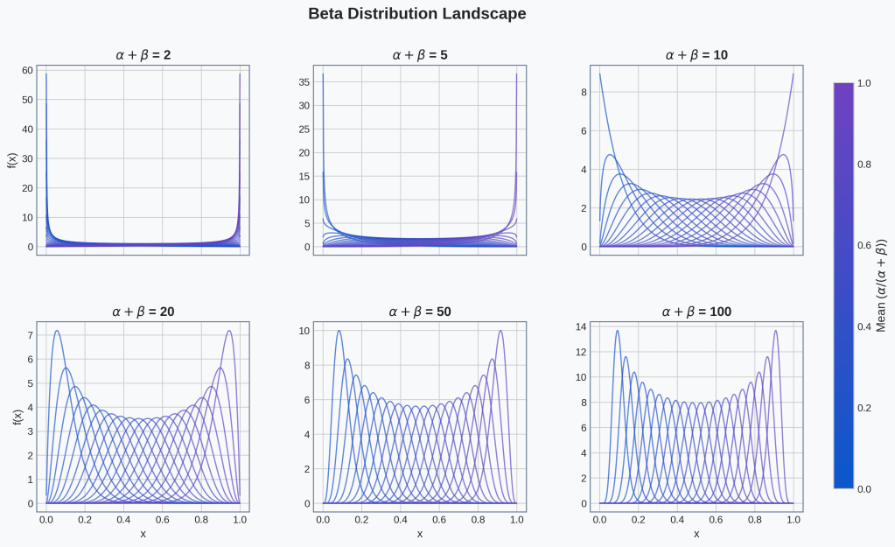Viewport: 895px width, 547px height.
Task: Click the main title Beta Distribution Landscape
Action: click(x=417, y=14)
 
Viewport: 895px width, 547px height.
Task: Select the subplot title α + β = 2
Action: click(x=143, y=55)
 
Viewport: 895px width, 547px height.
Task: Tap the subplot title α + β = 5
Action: click(x=420, y=55)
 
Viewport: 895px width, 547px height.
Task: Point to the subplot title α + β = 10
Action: click(x=696, y=55)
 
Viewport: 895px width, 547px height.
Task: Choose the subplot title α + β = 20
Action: click(x=143, y=312)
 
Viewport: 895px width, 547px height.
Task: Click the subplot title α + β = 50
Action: click(x=420, y=312)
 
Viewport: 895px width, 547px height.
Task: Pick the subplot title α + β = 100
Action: click(x=696, y=312)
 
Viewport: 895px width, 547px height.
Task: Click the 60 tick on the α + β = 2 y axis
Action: click(x=28, y=70)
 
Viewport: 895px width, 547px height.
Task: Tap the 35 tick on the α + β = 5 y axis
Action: click(x=304, y=82)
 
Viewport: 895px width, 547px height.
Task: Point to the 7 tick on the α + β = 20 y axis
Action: click(x=30, y=335)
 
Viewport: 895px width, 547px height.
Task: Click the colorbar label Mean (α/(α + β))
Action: click(x=881, y=284)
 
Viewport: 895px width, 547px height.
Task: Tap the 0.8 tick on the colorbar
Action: click(x=864, y=164)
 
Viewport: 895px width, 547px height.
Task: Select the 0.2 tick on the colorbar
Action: click(x=864, y=408)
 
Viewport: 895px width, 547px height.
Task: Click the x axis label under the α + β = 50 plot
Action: click(x=420, y=534)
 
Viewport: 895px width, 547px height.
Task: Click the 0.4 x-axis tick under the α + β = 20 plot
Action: click(x=123, y=519)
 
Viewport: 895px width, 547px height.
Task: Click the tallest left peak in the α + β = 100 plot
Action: click(x=617, y=331)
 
